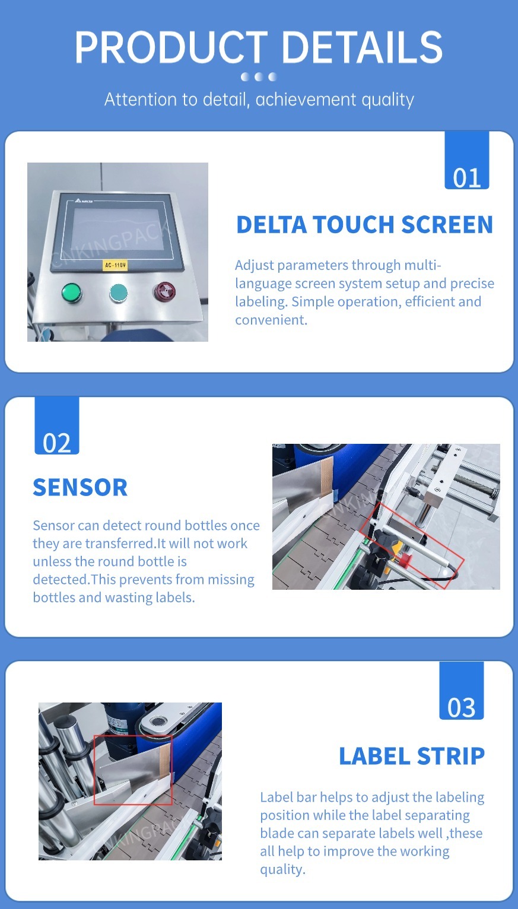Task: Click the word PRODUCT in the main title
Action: click(x=171, y=47)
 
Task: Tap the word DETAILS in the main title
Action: click(x=362, y=47)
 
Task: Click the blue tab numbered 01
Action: click(x=467, y=160)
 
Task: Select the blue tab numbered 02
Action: click(x=57, y=425)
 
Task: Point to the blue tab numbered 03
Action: click(x=462, y=691)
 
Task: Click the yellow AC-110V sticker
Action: click(x=115, y=265)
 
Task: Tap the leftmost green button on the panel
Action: click(x=71, y=293)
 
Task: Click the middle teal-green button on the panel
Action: click(x=119, y=293)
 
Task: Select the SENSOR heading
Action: click(x=80, y=487)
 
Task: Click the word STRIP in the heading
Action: click(x=451, y=757)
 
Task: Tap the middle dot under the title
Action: click(x=259, y=77)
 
